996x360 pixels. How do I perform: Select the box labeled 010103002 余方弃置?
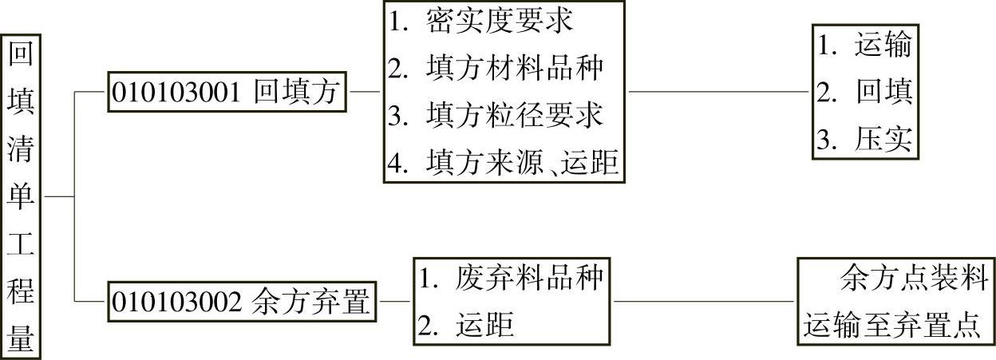pos(243,302)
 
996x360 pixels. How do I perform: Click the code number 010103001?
pos(176,93)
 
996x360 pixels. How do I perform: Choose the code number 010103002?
pos(176,303)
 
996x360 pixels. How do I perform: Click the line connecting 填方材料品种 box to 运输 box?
pos(718,91)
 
